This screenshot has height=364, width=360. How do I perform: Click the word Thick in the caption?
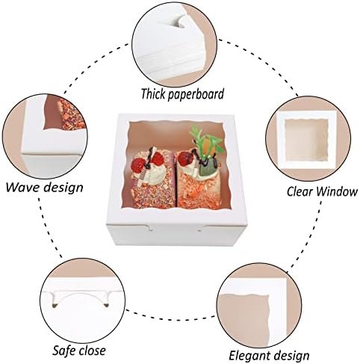153,93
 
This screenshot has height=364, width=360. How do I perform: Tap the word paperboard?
196,95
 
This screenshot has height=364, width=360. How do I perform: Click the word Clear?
300,191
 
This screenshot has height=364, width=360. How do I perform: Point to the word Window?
337,191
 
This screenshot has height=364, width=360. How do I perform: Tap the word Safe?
65,351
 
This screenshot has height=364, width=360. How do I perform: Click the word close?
92,351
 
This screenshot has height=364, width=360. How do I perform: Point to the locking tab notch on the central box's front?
149,227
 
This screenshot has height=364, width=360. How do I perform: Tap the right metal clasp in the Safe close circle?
106,305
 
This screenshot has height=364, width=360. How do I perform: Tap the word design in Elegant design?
291,356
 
